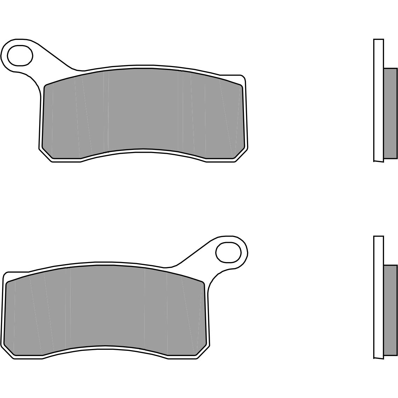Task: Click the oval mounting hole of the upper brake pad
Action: click(20, 56)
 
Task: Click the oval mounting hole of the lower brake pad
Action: click(229, 252)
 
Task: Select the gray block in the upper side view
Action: click(390, 113)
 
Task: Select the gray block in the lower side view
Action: click(390, 310)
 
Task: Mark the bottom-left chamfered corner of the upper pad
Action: click(47, 153)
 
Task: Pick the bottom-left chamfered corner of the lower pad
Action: click(9, 350)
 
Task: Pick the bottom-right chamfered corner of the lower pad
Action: click(201, 350)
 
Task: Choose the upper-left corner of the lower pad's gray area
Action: click(8, 283)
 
